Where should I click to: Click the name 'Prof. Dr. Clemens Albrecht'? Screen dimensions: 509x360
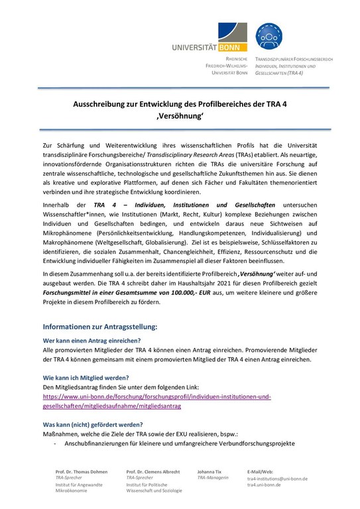coord(154,471)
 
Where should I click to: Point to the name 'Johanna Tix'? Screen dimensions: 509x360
coord(210,471)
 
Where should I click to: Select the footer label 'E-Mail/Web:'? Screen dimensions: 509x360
coord(260,471)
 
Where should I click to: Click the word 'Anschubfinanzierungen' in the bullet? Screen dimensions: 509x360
coord(94,443)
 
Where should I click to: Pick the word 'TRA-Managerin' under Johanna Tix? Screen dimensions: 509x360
coord(212,477)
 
